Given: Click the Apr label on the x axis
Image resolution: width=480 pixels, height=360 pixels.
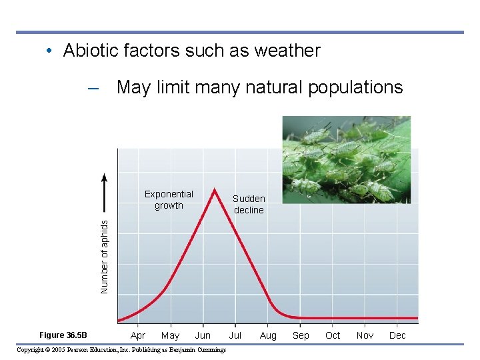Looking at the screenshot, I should click(x=138, y=335).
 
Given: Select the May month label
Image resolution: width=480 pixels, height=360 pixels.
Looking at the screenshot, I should click(x=170, y=335).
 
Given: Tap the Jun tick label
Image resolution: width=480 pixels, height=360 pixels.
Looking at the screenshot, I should click(x=203, y=335).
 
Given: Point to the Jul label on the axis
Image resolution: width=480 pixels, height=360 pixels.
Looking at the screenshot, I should click(x=235, y=335).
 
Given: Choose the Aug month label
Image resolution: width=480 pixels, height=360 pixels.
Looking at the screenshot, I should click(x=268, y=335).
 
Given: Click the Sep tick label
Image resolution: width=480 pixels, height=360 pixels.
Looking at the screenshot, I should click(x=301, y=335).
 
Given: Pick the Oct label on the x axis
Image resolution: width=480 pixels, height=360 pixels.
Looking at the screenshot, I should click(x=333, y=335).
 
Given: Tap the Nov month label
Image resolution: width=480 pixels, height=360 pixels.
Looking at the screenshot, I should click(x=365, y=335).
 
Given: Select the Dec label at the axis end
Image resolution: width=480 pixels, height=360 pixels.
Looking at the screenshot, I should click(x=397, y=335).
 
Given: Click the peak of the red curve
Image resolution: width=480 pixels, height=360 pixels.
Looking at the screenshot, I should click(x=214, y=189).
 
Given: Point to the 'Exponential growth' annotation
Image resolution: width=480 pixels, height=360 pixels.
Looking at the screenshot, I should click(x=169, y=200).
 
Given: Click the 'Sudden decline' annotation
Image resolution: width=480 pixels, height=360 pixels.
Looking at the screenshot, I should click(x=249, y=204).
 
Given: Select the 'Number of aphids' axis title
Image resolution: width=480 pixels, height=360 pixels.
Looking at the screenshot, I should click(x=104, y=256).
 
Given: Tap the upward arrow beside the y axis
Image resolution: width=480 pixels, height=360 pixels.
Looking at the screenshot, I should click(x=104, y=193).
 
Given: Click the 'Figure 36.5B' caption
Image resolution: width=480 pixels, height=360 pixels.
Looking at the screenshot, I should click(x=63, y=335).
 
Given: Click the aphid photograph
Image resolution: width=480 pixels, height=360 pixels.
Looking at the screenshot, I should click(x=346, y=160).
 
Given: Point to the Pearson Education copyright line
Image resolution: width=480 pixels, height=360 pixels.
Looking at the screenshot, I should click(x=121, y=350).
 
